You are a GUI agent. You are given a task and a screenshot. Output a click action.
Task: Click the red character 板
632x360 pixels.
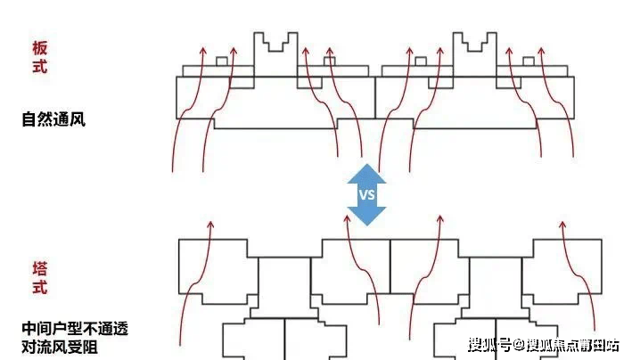click(x=39, y=47)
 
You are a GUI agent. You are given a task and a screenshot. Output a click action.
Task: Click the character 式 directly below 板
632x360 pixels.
click(x=39, y=67)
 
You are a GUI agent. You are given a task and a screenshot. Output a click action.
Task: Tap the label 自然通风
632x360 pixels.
click(x=53, y=119)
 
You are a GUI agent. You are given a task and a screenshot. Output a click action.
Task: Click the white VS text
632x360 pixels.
click(x=366, y=194)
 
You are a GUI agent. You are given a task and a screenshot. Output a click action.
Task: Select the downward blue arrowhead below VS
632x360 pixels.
click(x=366, y=216)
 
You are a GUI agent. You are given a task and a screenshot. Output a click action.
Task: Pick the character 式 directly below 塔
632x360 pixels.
click(x=39, y=287)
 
